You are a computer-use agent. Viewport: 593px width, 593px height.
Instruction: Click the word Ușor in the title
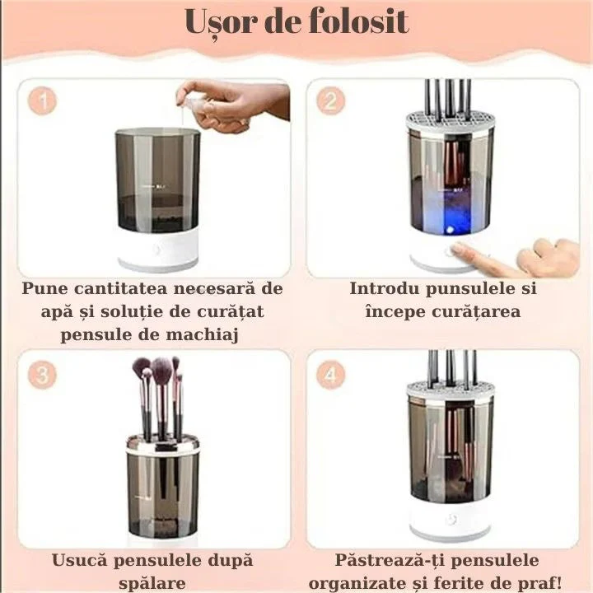(x=218, y=22)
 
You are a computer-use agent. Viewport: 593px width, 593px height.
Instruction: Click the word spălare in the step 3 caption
(x=152, y=583)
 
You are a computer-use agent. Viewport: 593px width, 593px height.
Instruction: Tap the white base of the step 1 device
(x=159, y=251)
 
